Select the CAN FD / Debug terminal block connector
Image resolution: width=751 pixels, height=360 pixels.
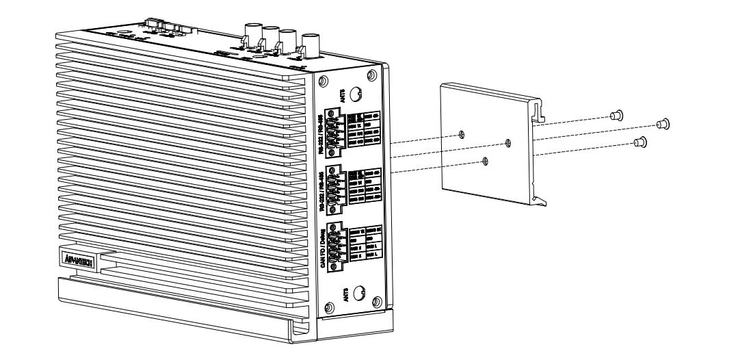(335, 247)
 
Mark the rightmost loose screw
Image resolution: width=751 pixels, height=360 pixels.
(662, 124)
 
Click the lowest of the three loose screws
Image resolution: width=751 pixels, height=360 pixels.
(641, 142)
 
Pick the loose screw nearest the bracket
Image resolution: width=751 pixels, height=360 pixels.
(615, 115)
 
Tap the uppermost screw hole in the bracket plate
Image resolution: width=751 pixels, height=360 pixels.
(463, 133)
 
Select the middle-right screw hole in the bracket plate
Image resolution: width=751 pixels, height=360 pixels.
(507, 143)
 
